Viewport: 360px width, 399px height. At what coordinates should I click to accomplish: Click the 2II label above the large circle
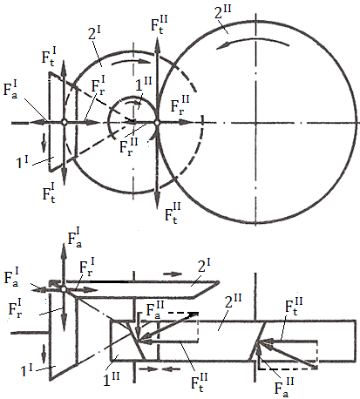tap(223, 12)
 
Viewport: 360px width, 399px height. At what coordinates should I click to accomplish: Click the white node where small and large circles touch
tap(157, 123)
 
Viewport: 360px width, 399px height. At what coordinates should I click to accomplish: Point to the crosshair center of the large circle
tap(256, 124)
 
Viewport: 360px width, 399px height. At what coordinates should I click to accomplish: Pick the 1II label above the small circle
tap(144, 85)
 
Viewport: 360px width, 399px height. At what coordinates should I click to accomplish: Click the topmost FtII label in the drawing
tap(160, 24)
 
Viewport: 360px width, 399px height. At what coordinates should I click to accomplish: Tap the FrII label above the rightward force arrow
tap(180, 105)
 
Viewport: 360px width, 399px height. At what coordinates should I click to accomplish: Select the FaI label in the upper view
tap(10, 90)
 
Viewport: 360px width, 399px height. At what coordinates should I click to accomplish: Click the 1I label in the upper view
tap(22, 162)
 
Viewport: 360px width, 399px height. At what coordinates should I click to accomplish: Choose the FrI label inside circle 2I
tap(98, 85)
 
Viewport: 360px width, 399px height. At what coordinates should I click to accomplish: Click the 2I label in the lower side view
tap(204, 266)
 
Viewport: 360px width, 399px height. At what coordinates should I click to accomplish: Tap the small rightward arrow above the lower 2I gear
tap(173, 274)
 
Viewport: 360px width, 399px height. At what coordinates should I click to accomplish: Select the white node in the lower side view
tap(64, 289)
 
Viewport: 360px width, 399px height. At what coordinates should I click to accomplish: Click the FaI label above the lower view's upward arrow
tap(75, 238)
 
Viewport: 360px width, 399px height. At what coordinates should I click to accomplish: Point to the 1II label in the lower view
tap(112, 379)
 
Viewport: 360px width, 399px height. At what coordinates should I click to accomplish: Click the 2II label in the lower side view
tap(234, 301)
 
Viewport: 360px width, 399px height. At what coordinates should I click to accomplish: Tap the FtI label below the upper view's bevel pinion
tap(49, 193)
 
